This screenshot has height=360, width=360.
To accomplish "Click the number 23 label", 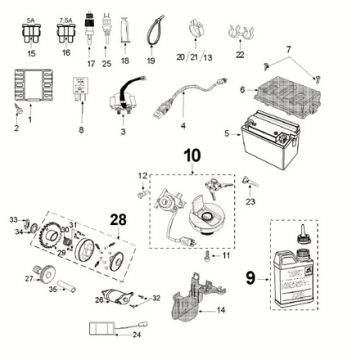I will pos(249,200).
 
